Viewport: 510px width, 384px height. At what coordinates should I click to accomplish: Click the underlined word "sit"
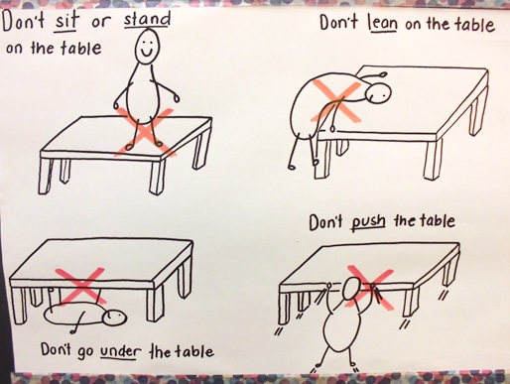coord(66,21)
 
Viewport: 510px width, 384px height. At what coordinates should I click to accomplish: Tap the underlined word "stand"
coord(147,19)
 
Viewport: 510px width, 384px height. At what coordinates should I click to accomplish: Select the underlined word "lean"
coord(382,24)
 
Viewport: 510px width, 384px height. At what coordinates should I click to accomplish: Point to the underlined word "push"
coord(368,222)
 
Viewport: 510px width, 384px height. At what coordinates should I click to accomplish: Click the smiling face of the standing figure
coord(147,46)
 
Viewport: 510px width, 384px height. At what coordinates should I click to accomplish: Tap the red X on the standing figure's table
coord(146,132)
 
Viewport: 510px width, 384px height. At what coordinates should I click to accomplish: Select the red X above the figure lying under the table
coord(81,286)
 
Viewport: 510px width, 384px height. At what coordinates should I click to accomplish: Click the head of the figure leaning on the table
coord(379,93)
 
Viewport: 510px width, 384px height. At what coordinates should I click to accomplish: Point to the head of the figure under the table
coord(114,319)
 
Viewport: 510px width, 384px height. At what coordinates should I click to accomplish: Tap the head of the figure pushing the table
coord(351,289)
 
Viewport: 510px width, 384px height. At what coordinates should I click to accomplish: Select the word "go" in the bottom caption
coord(85,352)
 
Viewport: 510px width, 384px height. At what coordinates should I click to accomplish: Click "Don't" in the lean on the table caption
coord(338,23)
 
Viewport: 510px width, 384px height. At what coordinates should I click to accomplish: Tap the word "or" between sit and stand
coord(101,23)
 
